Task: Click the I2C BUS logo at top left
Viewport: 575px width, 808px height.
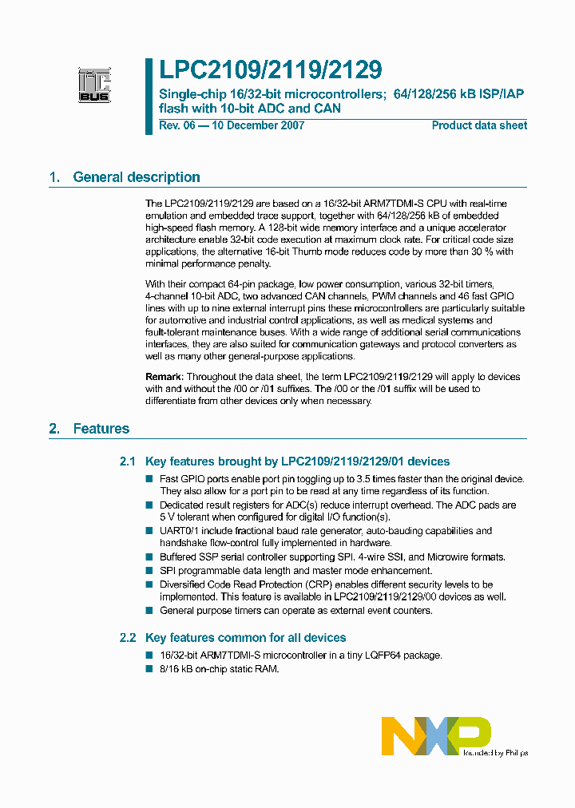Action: (x=94, y=85)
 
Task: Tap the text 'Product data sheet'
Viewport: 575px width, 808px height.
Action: (x=479, y=125)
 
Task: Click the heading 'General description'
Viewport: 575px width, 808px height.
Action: (x=137, y=177)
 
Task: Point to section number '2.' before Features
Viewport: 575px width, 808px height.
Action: (x=54, y=429)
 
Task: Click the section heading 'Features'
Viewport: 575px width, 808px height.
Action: (x=101, y=429)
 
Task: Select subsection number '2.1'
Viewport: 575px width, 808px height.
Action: (x=128, y=461)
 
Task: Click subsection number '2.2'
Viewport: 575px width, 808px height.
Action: (x=128, y=638)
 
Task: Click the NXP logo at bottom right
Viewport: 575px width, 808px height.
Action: (x=435, y=735)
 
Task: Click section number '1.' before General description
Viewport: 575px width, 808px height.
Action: (x=54, y=177)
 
